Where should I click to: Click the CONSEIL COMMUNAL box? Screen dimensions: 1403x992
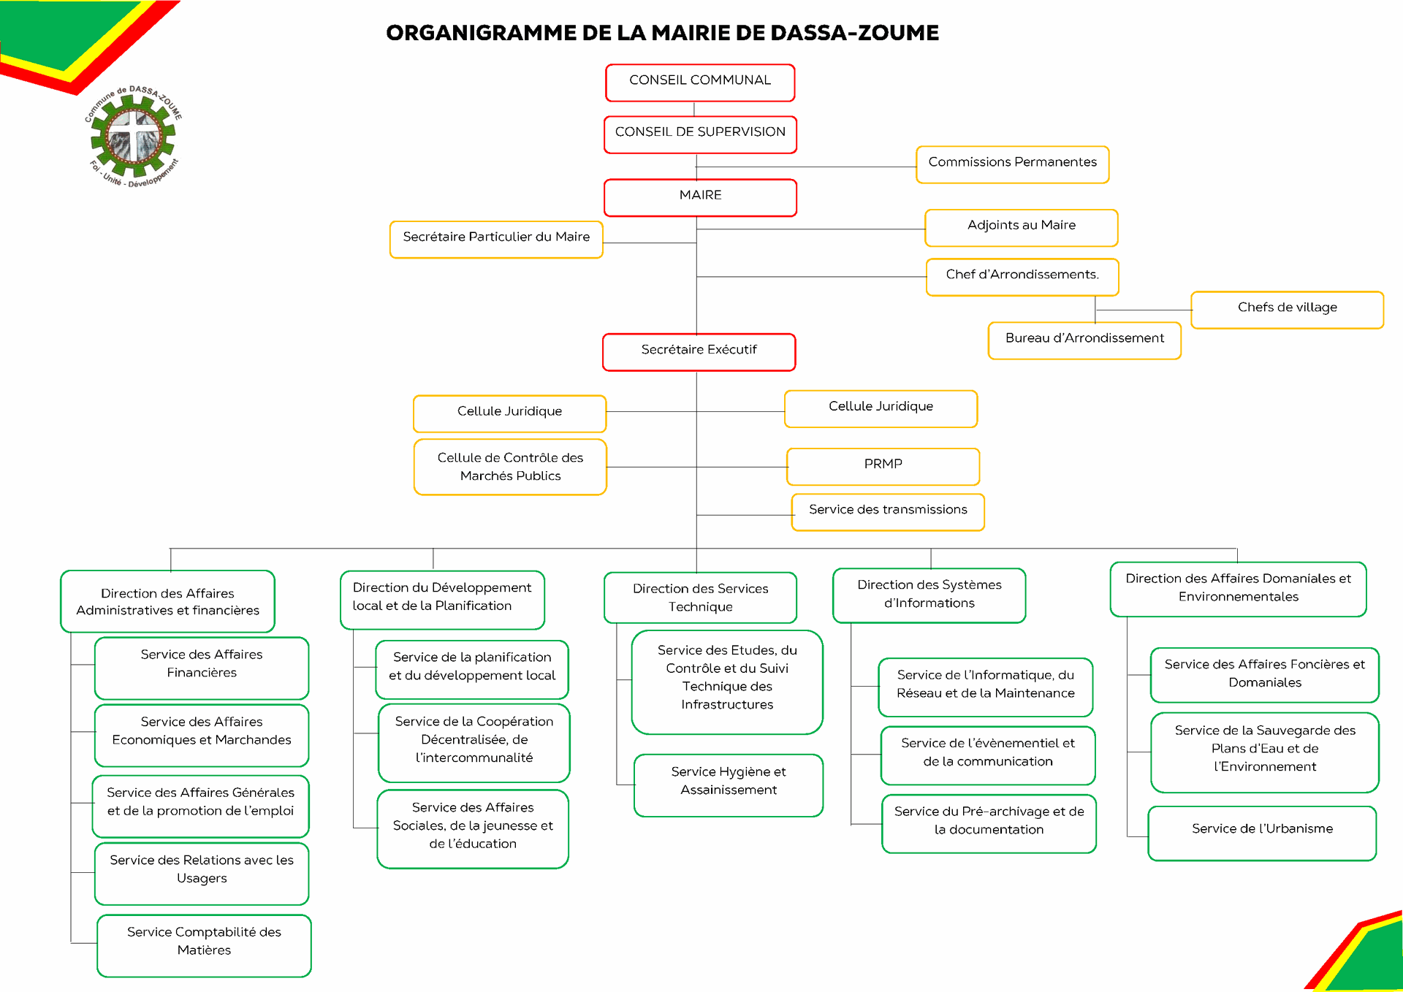pos(700,83)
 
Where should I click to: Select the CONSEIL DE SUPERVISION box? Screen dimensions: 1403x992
pos(700,134)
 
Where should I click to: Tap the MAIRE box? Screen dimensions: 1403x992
pos(700,197)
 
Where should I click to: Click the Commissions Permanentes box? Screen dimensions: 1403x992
pos(1012,164)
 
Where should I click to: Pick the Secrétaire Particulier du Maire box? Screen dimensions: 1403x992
pos(496,240)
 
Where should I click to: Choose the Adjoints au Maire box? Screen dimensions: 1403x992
pos(1021,228)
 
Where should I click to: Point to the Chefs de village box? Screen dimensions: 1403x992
pos(1287,310)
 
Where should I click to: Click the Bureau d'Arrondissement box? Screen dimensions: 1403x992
pos(1084,340)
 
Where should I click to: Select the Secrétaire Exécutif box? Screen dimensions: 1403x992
pos(699,352)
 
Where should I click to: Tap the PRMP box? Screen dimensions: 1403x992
pos(883,467)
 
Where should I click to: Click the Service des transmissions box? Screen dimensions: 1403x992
pos(888,512)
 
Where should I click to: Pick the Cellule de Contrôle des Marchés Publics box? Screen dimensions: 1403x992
pos(510,467)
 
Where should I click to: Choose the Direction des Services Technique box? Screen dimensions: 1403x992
pos(700,598)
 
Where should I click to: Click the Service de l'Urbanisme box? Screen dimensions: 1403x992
pos(1262,833)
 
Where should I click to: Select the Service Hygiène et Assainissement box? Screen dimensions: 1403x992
pos(729,785)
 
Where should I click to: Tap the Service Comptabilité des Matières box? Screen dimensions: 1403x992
pos(204,945)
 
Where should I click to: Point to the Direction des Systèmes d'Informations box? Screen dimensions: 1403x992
pos(929,595)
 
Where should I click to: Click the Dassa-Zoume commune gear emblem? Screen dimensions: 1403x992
pos(134,137)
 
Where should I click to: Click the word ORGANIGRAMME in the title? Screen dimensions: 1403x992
pos(481,33)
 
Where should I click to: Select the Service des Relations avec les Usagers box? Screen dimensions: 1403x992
pos(202,874)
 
